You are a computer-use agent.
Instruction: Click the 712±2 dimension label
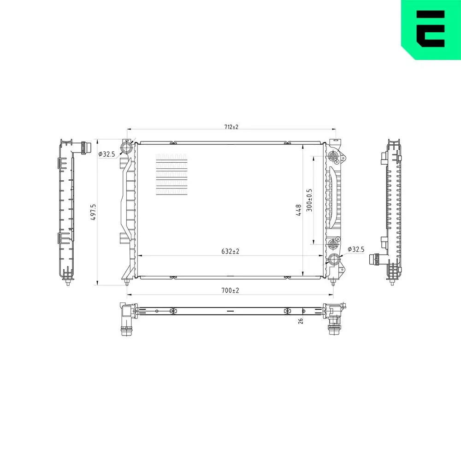click(231, 127)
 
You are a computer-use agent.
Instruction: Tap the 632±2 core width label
click(230, 251)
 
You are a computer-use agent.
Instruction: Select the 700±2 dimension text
click(230, 290)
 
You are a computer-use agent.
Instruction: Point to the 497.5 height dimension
click(93, 212)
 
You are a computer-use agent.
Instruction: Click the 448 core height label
click(298, 210)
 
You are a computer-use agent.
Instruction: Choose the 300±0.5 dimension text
click(309, 200)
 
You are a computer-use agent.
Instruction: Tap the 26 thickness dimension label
click(301, 321)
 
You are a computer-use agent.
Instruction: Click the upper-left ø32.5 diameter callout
click(107, 154)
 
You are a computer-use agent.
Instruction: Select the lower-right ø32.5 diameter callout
click(356, 249)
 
